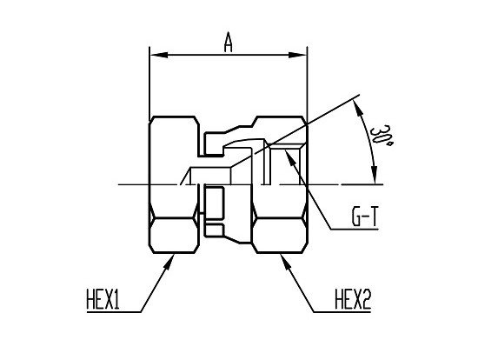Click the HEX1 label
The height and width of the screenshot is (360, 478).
click(x=103, y=299)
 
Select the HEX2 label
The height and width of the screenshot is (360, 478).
click(x=353, y=299)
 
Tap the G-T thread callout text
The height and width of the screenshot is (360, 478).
click(x=365, y=217)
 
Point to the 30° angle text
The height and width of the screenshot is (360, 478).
click(x=380, y=135)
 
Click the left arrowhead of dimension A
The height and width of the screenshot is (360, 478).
click(x=158, y=56)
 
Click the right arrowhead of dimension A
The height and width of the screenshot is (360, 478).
click(x=297, y=56)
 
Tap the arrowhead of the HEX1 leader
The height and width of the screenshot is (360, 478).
click(x=169, y=262)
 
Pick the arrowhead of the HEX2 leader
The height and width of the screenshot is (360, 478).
click(x=285, y=262)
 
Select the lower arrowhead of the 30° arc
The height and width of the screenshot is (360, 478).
click(x=375, y=177)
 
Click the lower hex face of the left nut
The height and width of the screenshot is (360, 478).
click(x=174, y=236)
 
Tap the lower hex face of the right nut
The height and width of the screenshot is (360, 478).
click(x=280, y=236)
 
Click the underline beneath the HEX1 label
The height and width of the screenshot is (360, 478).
click(x=114, y=312)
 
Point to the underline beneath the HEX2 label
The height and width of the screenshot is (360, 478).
click(x=342, y=312)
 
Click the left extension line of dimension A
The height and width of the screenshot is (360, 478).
click(x=149, y=83)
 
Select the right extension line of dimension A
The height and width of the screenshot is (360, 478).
click(x=308, y=83)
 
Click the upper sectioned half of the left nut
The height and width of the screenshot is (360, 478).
click(x=174, y=150)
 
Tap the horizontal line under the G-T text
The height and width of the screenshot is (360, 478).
click(x=355, y=229)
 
